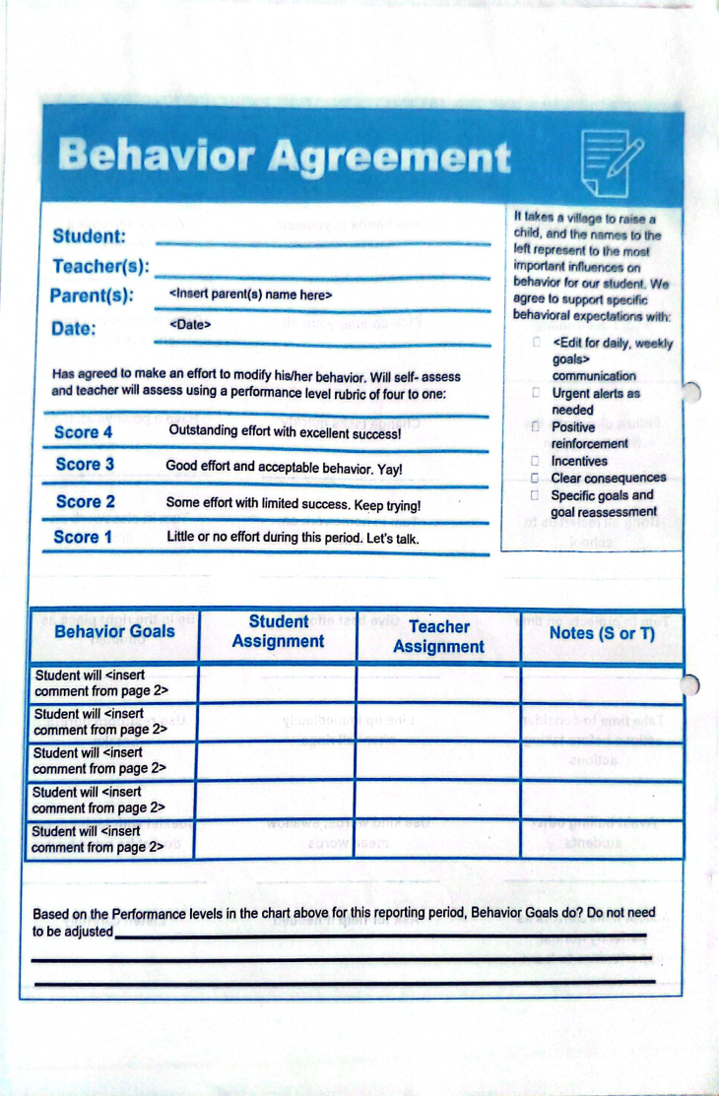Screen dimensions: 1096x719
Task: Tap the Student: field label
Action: [89, 236]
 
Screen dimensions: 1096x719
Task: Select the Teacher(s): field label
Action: [100, 267]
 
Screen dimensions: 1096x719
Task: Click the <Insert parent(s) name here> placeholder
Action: [251, 294]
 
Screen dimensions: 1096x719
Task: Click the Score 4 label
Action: [83, 432]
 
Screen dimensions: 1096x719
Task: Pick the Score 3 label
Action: [85, 464]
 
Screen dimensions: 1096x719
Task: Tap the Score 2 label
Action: [85, 501]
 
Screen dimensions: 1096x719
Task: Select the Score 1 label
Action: [83, 537]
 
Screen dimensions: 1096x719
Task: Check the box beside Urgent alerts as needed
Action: [536, 393]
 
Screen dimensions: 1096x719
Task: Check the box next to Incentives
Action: [535, 461]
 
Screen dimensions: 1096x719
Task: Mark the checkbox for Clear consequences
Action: [535, 479]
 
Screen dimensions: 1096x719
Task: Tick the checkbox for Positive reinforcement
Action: [535, 427]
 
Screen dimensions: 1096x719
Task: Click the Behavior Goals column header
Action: [114, 631]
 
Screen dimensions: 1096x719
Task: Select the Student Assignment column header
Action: [278, 631]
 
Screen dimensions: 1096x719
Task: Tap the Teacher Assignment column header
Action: [438, 636]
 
